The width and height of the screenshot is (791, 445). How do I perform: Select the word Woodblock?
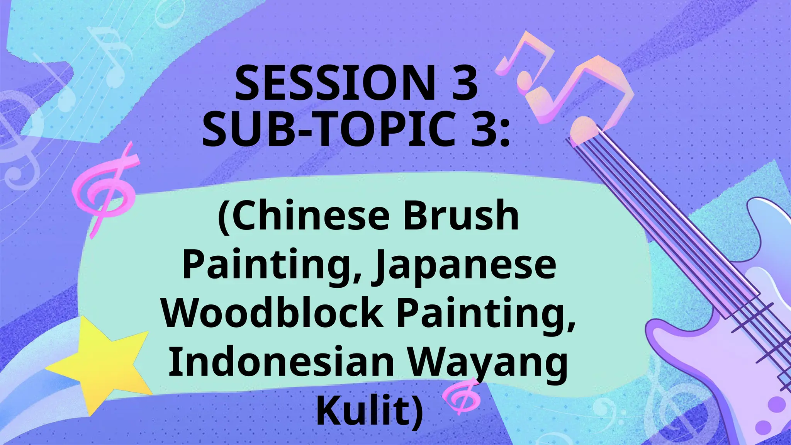272,313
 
